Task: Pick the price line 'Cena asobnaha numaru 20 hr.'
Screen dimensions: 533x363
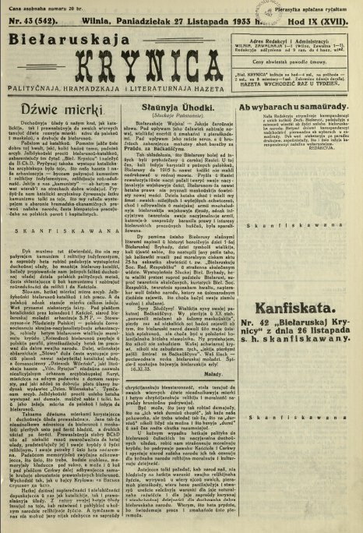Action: point(37,7)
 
